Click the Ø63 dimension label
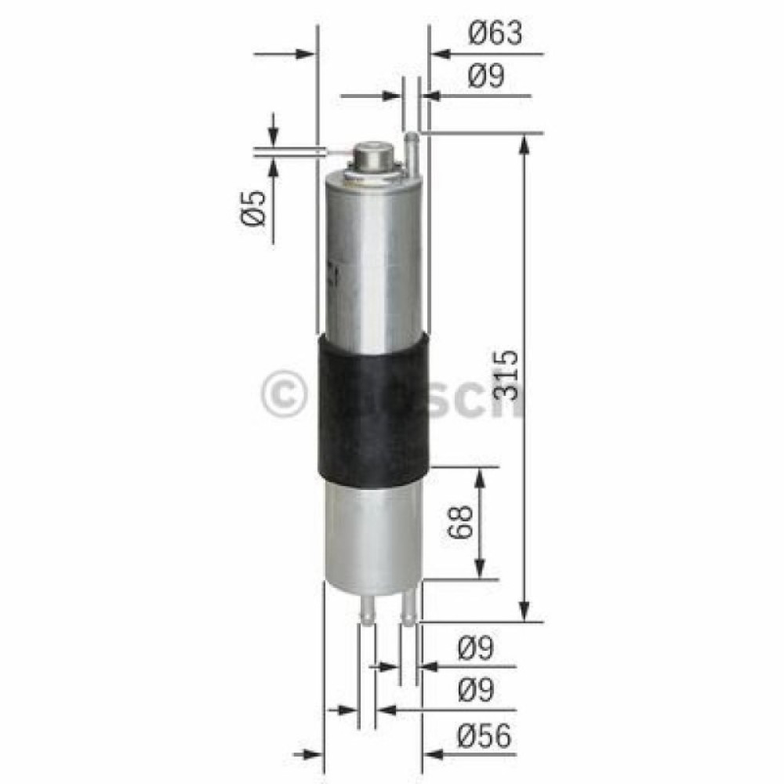pos(495,34)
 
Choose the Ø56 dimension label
pos(485,735)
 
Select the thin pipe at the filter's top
pos(411,149)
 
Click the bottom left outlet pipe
pos(366,609)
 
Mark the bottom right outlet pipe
pos(408,609)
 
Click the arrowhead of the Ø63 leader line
pos(439,54)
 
